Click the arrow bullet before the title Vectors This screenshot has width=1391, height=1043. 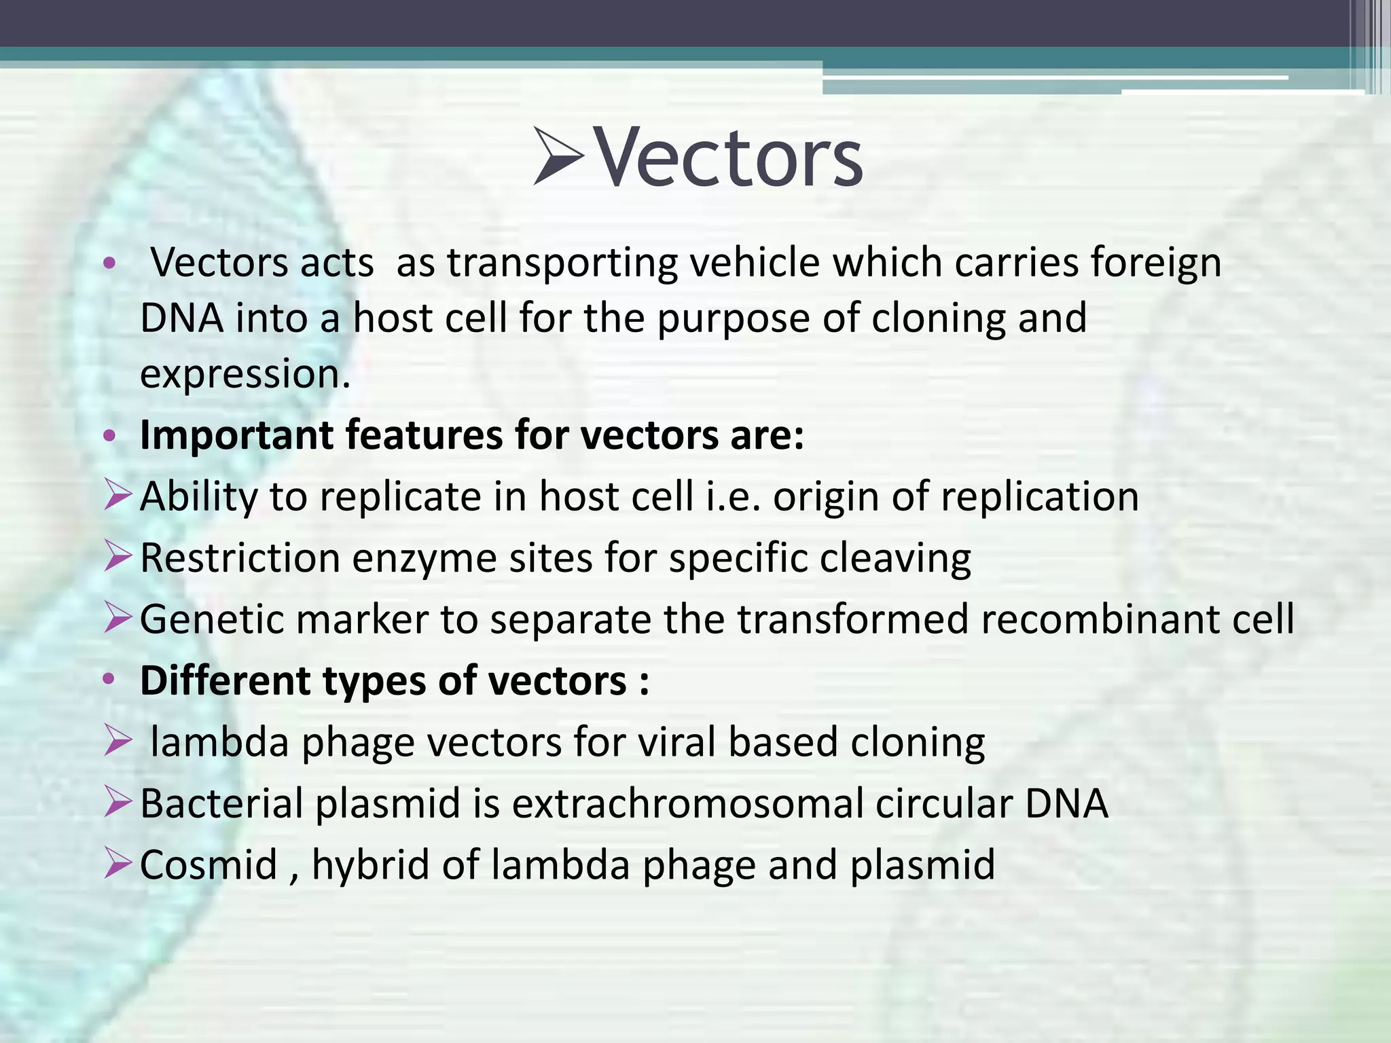(x=558, y=156)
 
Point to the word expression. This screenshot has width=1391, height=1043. (x=245, y=375)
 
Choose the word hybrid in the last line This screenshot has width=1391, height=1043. (x=371, y=866)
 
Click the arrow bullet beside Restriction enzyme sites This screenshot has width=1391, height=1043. (x=118, y=557)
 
